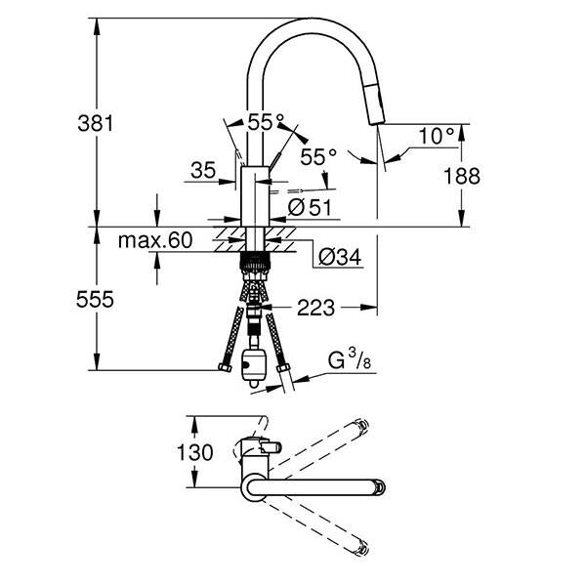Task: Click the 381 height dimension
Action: point(97,123)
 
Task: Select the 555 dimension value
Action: point(97,301)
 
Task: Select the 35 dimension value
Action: point(203,171)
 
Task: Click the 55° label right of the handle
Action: point(318,156)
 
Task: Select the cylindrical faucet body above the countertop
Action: point(252,195)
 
